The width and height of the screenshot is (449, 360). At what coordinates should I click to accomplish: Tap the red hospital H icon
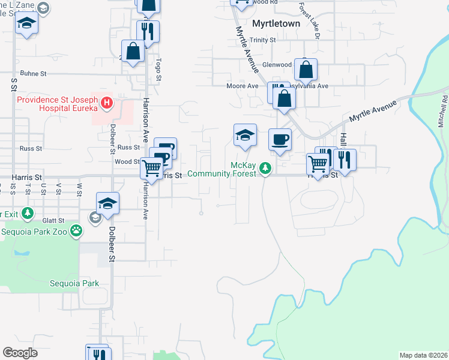[x=107, y=103]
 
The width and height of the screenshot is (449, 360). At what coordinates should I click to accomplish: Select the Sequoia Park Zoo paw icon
[x=76, y=230]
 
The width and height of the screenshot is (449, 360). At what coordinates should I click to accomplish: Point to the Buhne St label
[x=34, y=74]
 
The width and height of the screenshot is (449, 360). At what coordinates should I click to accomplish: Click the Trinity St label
[x=263, y=40]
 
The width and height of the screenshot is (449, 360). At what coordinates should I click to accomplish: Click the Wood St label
[x=127, y=161]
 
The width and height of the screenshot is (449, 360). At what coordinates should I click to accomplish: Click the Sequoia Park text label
[x=91, y=283]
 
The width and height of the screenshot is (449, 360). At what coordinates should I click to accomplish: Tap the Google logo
[x=20, y=352]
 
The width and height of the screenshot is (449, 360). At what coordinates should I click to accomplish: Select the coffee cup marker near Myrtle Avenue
[x=280, y=140]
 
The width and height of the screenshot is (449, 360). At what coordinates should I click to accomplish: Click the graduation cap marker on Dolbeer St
[x=108, y=203]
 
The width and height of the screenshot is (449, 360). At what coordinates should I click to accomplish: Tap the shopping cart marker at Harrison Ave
[x=151, y=167]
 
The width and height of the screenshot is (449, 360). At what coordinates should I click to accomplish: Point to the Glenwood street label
[x=277, y=65]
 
